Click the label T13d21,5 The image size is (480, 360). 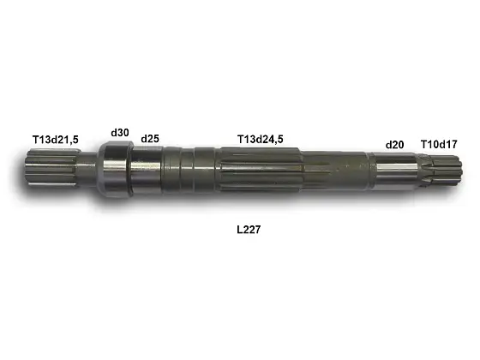coord(56,139)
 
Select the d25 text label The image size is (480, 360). coord(150,138)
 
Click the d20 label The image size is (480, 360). coord(394,145)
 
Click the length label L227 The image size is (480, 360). coord(249,231)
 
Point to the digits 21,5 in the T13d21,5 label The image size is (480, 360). coord(69,139)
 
